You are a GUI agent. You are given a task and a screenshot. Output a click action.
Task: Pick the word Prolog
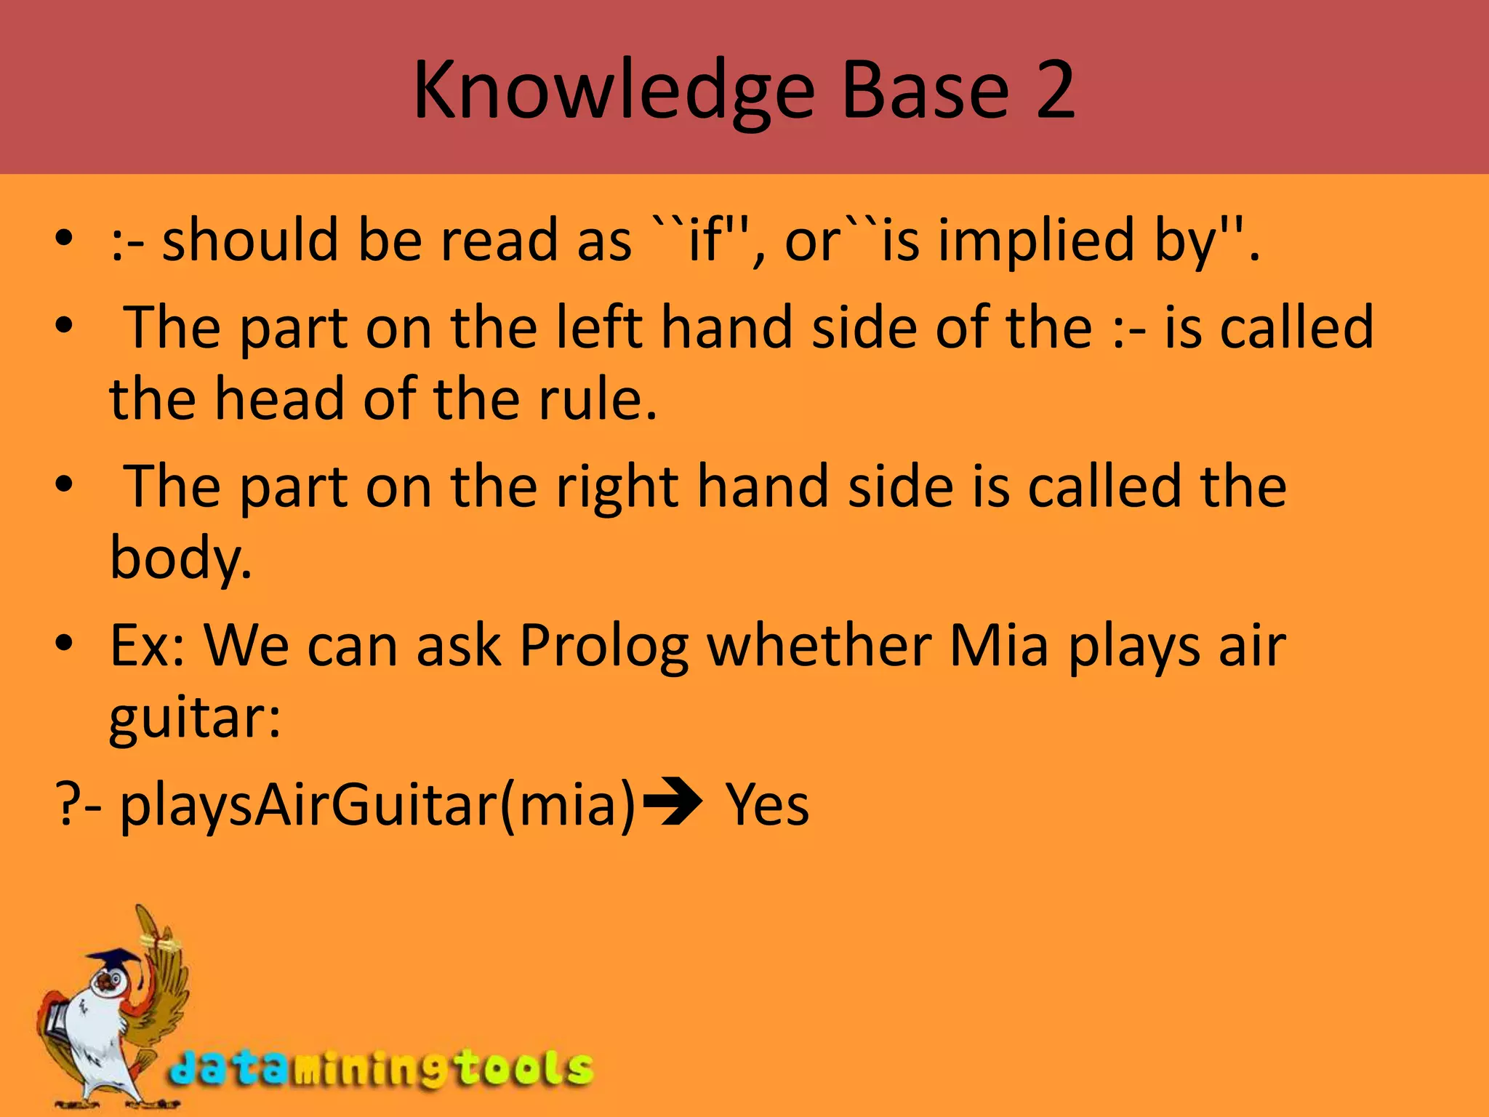tap(603, 646)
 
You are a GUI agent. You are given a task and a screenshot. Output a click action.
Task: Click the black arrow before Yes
tap(673, 803)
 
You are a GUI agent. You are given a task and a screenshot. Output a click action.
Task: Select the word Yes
tap(767, 804)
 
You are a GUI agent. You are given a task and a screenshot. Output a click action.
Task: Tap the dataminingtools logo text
tap(382, 1069)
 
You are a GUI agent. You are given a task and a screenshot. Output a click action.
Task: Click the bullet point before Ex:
tap(64, 643)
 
